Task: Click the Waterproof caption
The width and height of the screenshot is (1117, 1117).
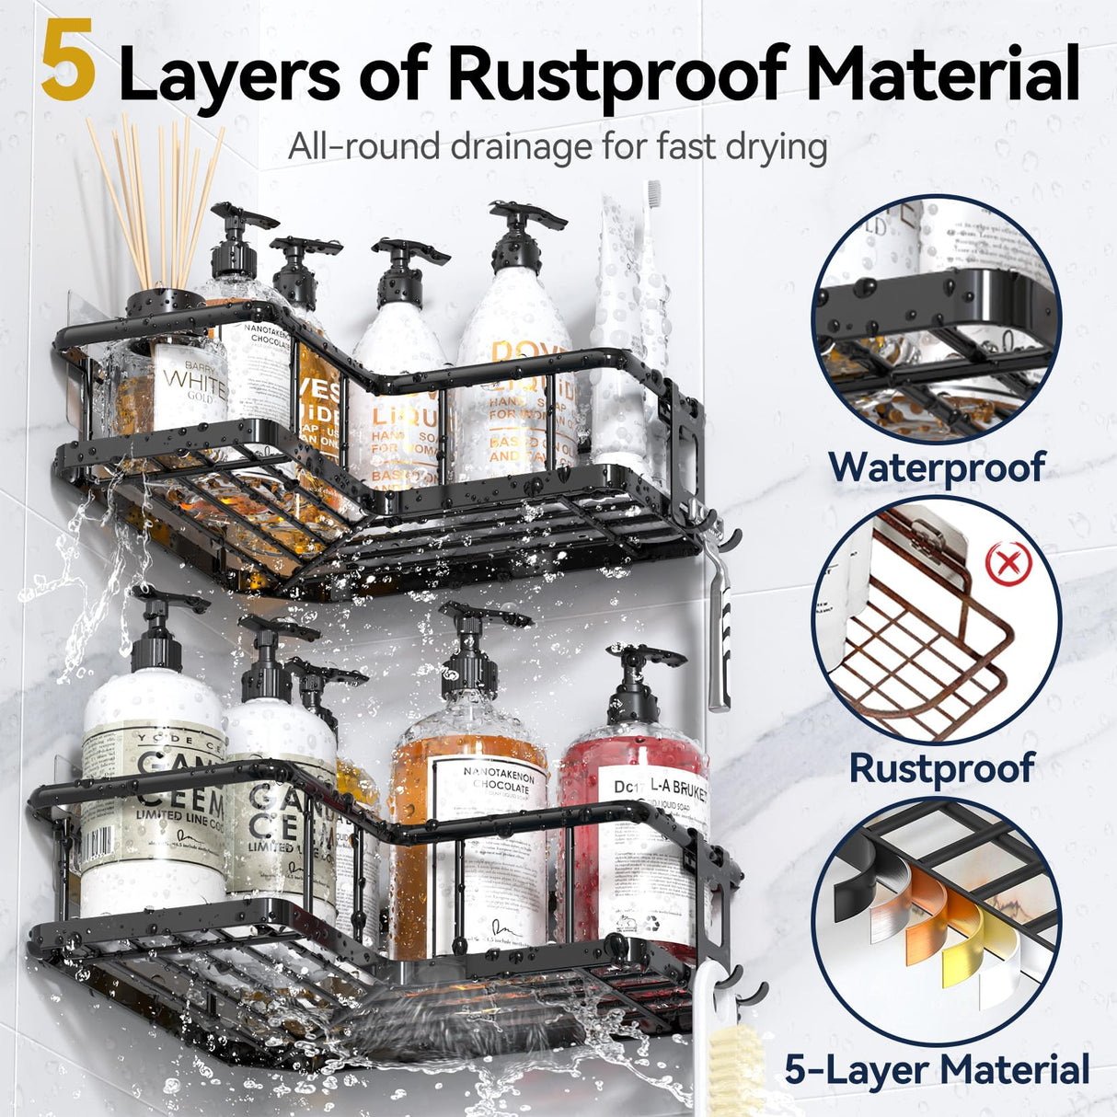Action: click(937, 466)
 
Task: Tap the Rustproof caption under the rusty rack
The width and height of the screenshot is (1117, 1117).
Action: click(941, 767)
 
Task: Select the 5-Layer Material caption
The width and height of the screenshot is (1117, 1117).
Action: click(937, 1070)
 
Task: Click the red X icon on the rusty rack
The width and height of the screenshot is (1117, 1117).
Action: click(1008, 563)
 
